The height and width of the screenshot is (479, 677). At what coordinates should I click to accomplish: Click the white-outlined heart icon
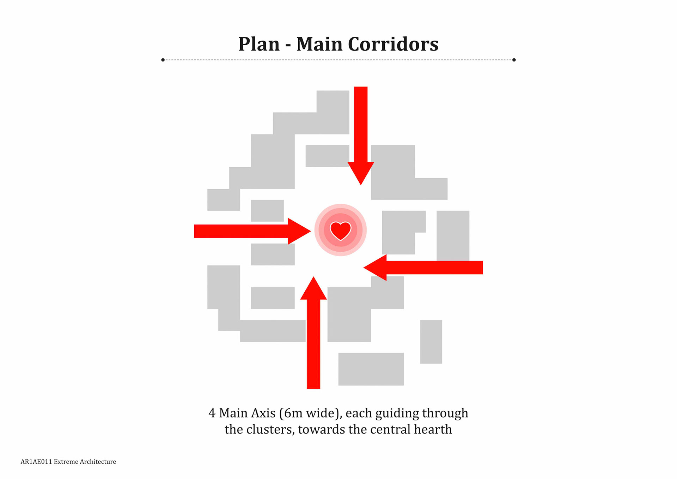340,230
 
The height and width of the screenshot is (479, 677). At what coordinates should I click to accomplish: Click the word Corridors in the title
393,44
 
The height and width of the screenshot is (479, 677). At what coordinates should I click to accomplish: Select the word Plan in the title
259,44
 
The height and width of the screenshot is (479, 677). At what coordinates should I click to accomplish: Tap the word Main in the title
319,44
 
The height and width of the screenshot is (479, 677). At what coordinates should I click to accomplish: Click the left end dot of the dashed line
163,60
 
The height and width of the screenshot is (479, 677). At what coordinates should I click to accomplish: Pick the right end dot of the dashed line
514,60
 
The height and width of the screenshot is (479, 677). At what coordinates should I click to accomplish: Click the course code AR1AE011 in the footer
36,462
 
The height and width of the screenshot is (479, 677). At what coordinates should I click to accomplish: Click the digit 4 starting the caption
212,413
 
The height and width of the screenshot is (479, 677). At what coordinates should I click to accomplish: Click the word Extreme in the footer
66,462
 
